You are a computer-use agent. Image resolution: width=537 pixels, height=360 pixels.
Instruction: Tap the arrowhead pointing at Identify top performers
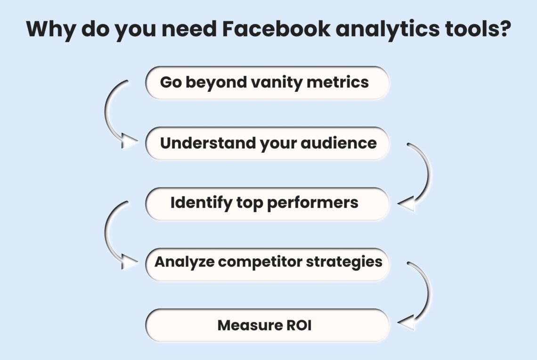(406, 204)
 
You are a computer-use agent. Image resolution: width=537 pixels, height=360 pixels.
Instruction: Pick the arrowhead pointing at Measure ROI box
(406, 323)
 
